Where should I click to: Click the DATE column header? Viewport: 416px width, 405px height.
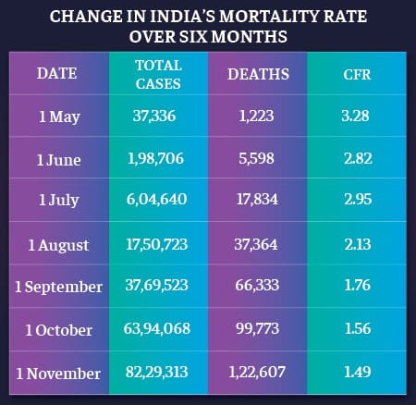[56, 74]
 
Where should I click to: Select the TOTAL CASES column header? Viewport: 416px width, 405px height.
[158, 74]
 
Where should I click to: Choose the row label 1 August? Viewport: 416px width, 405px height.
[57, 244]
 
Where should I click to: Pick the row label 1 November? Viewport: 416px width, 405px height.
[58, 373]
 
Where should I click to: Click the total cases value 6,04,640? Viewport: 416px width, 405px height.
[159, 201]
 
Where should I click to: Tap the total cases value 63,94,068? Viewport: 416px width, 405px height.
[159, 330]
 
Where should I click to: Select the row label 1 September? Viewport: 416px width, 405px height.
[58, 287]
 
